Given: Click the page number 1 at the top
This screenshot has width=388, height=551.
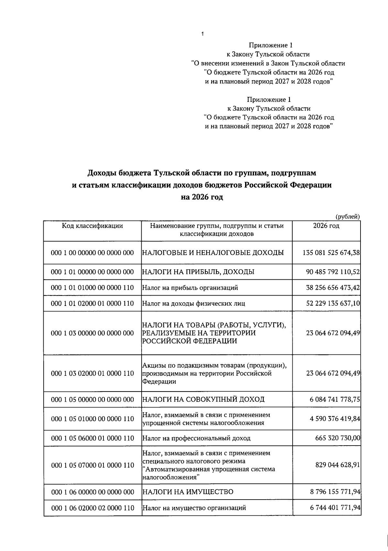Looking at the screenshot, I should tap(202, 34).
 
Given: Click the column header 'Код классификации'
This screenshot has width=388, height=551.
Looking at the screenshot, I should tap(92, 226).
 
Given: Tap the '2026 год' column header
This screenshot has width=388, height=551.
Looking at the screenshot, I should tap(326, 226).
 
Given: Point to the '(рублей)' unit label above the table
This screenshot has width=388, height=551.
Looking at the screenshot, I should tap(348, 217).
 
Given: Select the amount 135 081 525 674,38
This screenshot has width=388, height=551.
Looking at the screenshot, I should tap(331, 252).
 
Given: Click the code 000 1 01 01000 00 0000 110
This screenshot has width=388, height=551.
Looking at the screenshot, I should tap(92, 287).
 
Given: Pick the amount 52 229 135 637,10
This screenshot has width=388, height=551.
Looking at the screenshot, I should tap(333, 303).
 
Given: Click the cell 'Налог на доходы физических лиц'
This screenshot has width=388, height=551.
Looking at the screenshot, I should tap(194, 303).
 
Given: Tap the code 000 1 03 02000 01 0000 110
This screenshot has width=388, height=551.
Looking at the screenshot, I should tap(92, 373).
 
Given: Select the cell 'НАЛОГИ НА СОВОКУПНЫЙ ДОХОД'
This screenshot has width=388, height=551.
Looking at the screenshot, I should tap(203, 399).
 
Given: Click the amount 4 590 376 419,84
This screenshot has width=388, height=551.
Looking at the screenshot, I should tap(335, 419).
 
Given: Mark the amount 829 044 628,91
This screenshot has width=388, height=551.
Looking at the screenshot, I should tap(338, 465).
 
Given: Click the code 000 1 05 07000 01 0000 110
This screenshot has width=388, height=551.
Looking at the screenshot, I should tap(92, 465).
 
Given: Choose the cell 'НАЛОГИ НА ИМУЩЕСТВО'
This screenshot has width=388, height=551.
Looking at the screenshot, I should tap(188, 492).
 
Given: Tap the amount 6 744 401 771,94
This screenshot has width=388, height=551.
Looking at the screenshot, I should tap(335, 508).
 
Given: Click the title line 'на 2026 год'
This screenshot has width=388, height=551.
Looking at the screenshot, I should tap(202, 197).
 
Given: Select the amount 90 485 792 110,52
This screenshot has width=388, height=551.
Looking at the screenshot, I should tap(333, 272).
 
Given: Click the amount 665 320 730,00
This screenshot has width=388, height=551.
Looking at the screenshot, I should tap(338, 438).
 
